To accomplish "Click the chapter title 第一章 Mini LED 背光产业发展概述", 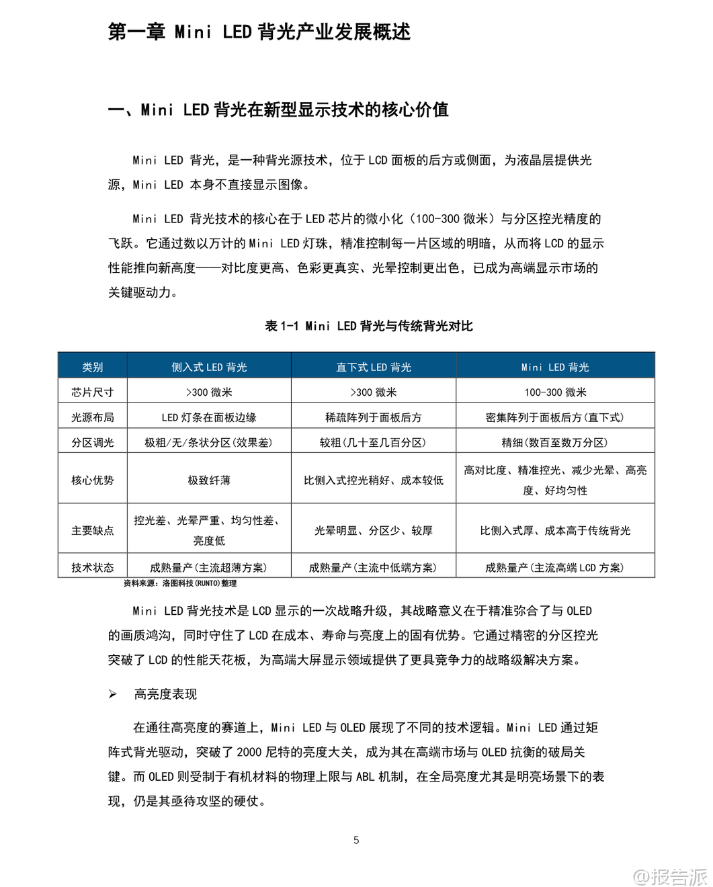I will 259,32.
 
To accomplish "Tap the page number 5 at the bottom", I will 356,839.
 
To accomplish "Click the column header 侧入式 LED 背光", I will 209,367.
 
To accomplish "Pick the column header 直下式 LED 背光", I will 374,367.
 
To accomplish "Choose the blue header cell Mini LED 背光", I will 555,367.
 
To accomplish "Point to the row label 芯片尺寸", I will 93,392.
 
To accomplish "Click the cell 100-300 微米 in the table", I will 555,392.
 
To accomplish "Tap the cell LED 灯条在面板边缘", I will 209,417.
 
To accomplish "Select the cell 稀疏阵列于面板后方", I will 374,417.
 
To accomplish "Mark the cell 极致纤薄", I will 209,480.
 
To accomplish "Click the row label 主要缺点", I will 93,530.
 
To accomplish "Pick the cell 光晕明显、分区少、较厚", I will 374,530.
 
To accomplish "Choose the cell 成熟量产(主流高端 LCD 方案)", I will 555,567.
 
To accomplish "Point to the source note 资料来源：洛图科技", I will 180,583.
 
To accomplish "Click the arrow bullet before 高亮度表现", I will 113,694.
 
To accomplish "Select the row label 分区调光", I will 93,442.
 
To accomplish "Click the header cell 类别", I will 93,367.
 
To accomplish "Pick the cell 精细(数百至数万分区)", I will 555,442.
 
